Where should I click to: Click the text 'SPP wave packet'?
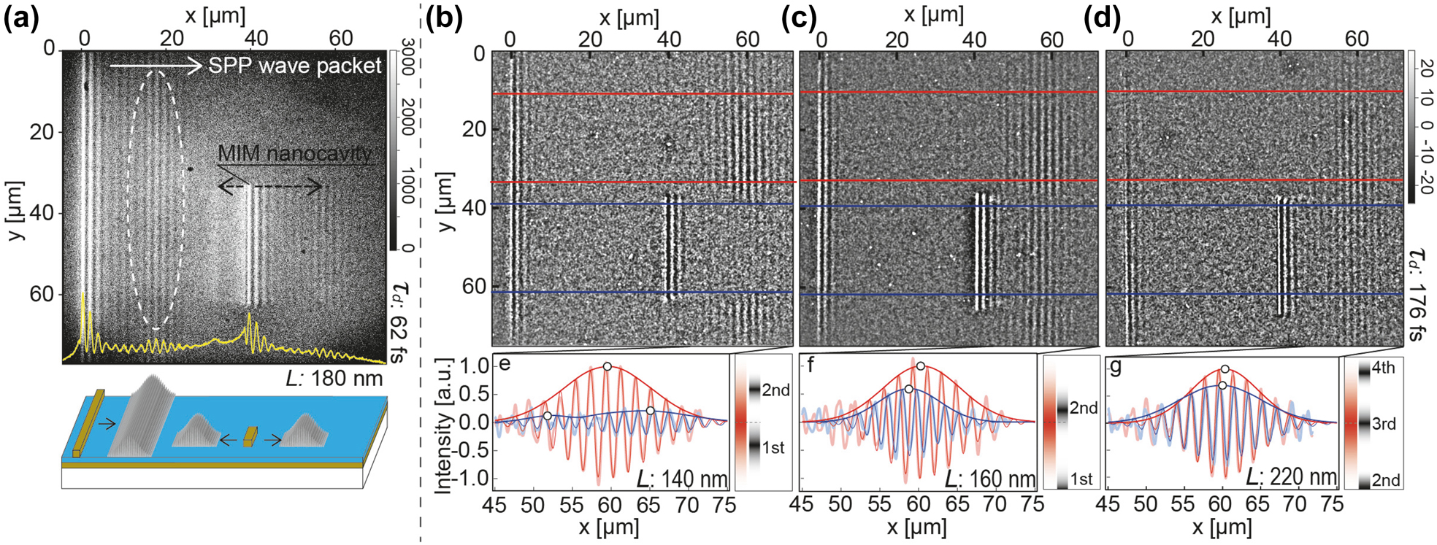pos(294,66)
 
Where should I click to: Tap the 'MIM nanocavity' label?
pos(294,154)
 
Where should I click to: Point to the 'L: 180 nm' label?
pos(334,378)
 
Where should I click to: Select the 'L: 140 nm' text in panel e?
pos(681,479)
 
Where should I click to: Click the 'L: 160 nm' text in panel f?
pos(989,479)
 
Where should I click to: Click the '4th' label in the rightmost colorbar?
pos(1383,368)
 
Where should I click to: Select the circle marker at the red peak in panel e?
pos(607,366)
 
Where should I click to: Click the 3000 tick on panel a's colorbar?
pos(408,56)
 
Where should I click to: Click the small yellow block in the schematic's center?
pos(250,436)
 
